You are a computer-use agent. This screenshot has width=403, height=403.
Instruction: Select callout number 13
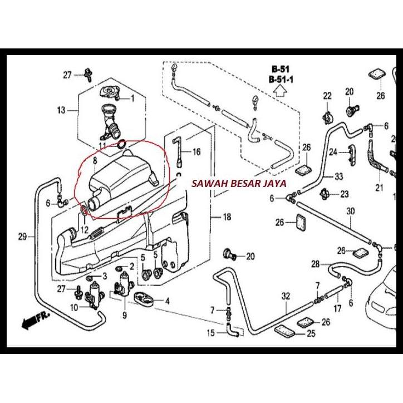pyautogui.click(x=62, y=110)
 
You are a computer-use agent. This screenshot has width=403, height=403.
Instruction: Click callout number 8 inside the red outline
pyautogui.click(x=95, y=161)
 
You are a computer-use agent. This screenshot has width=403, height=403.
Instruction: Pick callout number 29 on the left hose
pyautogui.click(x=22, y=237)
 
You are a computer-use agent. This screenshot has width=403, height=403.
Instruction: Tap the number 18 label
pyautogui.click(x=226, y=217)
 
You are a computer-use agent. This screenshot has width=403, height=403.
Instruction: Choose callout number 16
pyautogui.click(x=196, y=152)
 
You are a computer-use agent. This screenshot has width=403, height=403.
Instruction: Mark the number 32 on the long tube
pyautogui.click(x=286, y=296)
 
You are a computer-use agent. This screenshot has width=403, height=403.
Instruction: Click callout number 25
pyautogui.click(x=311, y=334)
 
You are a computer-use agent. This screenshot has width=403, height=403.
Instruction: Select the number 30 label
pyautogui.click(x=350, y=212)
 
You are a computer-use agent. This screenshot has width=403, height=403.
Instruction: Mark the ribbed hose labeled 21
pyautogui.click(x=376, y=159)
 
